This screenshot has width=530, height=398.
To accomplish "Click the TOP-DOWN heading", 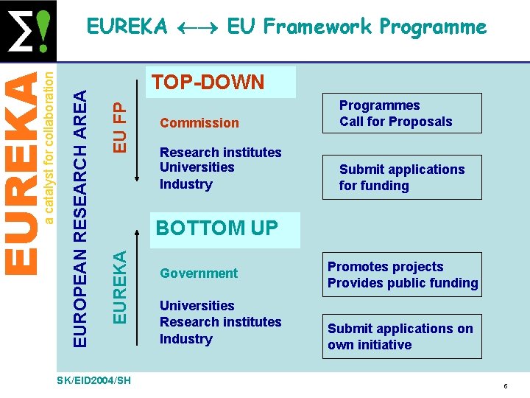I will (x=208, y=82).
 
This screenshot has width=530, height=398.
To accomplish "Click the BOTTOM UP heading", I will (x=217, y=228).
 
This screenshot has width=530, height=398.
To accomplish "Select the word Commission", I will (x=199, y=123).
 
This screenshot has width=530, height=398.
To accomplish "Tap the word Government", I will (x=199, y=273).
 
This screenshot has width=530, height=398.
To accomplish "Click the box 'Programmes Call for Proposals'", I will (x=402, y=114).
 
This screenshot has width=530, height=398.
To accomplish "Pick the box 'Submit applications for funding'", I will (x=402, y=178).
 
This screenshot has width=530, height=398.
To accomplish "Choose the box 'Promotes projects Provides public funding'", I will (x=402, y=275).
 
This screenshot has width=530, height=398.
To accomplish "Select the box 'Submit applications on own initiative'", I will (x=402, y=337).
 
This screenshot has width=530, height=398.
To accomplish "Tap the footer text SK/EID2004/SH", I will (x=93, y=380).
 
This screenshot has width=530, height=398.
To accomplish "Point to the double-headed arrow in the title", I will (x=197, y=28).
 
